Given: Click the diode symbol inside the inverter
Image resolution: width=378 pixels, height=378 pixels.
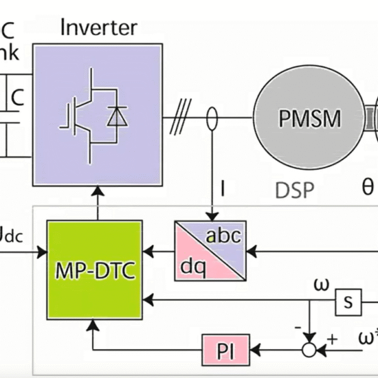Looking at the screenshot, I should pyautogui.click(x=117, y=117).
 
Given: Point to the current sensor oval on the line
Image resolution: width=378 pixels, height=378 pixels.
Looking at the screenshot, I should pyautogui.click(x=212, y=118).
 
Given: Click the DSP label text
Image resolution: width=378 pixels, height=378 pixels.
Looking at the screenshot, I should pyautogui.click(x=295, y=189).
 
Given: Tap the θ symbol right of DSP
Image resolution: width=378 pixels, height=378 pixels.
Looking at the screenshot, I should pyautogui.click(x=367, y=188).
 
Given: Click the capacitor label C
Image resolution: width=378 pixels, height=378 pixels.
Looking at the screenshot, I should pyautogui.click(x=18, y=97).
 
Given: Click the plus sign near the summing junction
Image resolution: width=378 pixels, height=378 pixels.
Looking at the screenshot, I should pyautogui.click(x=332, y=338).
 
